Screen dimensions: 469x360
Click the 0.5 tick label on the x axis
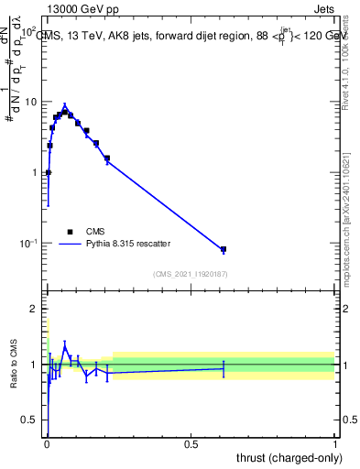pos(191,445)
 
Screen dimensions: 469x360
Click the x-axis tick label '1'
pos(335,445)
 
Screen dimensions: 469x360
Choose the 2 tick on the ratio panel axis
pos(36,310)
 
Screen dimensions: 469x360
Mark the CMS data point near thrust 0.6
pos(224,249)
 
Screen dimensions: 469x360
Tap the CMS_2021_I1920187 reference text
pos(189,273)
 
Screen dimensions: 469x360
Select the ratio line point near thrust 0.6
pos(224,368)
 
